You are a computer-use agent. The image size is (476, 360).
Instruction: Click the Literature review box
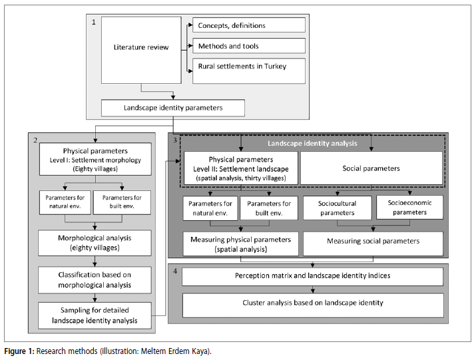point(141,50)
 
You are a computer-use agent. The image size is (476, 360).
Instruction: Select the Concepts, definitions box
point(248,25)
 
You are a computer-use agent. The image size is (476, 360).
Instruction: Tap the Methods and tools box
point(248,45)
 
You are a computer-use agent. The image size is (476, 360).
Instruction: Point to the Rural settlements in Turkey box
point(248,71)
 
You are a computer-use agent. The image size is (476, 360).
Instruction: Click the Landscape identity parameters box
point(172,108)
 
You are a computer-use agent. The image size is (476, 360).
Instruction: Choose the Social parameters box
point(371,168)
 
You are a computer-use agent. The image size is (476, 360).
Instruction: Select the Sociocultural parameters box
point(337,208)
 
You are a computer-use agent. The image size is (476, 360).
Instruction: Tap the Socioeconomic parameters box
point(409,208)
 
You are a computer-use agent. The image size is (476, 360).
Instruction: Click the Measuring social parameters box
point(373,244)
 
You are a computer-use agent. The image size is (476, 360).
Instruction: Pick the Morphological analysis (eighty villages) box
point(95,243)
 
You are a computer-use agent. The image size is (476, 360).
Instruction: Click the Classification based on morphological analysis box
point(95,280)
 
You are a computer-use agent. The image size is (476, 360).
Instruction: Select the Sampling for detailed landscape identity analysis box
point(95,315)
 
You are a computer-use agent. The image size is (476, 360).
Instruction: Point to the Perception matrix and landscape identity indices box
point(312,277)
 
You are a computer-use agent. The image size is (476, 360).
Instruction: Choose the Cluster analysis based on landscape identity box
point(313,305)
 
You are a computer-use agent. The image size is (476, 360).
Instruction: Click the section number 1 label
point(94,22)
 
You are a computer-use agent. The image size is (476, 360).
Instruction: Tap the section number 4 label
point(175,271)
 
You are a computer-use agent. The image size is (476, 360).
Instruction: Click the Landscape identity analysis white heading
point(312,143)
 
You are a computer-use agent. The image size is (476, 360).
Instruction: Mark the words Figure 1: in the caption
point(19,351)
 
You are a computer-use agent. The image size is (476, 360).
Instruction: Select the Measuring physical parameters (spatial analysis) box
point(241,244)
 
